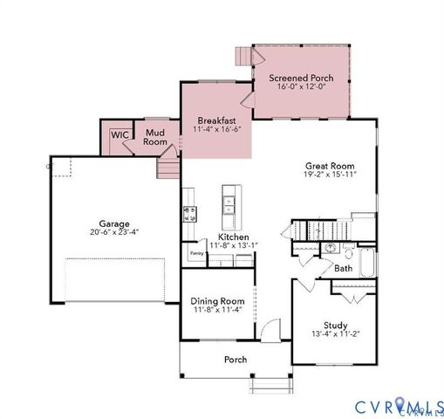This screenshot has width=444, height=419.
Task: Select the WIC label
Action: coord(119,135)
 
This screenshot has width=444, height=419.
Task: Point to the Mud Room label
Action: coord(155,137)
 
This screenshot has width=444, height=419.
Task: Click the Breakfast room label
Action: coord(216,120)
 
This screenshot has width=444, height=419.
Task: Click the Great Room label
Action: coord(330,165)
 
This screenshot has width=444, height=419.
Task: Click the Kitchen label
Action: coord(233,237)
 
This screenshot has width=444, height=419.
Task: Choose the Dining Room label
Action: coord(216,301)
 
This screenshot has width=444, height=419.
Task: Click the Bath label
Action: coord(344,269)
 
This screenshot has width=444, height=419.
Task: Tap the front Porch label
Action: coord(235,359)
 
